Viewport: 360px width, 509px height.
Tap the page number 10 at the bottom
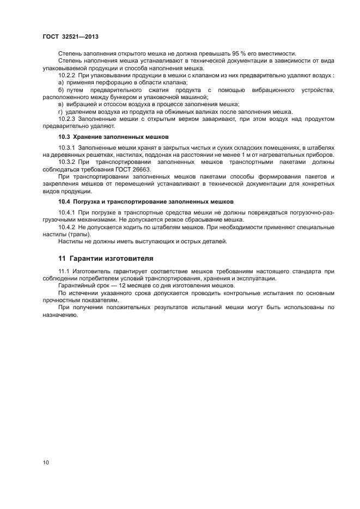[45, 463]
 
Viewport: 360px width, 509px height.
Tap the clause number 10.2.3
[67, 119]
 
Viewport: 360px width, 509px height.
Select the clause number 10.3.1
[67, 148]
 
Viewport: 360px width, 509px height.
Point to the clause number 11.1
[64, 271]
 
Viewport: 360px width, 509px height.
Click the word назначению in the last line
[60, 315]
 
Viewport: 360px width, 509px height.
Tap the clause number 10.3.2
[67, 163]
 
